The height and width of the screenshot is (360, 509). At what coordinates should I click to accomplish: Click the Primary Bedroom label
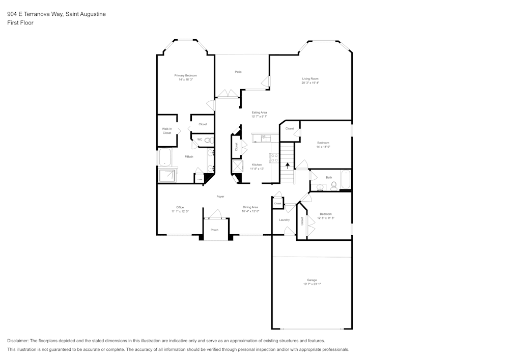coord(185,75)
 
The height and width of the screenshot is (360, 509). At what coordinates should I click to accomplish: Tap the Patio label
coord(238,72)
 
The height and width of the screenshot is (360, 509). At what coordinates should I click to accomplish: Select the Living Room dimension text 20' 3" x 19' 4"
coord(310,82)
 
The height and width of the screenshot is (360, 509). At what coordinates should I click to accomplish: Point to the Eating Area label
coord(259,112)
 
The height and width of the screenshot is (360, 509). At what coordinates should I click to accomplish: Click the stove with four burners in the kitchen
coord(274,157)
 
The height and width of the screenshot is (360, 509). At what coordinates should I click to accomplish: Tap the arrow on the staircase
coord(288,165)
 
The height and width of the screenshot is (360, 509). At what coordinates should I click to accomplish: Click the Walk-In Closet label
coord(167,131)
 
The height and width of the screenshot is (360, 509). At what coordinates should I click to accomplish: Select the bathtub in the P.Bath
coord(166,158)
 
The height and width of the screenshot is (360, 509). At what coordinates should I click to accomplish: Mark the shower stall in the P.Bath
coord(167,176)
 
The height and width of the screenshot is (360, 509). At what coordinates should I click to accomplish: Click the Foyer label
coord(220,197)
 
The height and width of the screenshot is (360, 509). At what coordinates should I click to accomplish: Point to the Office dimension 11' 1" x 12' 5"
coord(180,211)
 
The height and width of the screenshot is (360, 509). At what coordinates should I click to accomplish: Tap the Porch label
coord(214,230)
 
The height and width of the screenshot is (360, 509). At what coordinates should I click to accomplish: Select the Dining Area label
coord(250,207)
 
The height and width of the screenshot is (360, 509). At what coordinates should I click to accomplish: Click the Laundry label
coord(284,220)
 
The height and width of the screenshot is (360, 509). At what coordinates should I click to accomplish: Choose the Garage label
coord(312,280)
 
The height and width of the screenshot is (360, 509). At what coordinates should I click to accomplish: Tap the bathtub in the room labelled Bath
coord(346,179)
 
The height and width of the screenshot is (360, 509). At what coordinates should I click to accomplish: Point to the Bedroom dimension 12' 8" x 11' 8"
coord(326,218)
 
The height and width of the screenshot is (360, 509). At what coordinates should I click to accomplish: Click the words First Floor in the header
coord(20,23)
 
